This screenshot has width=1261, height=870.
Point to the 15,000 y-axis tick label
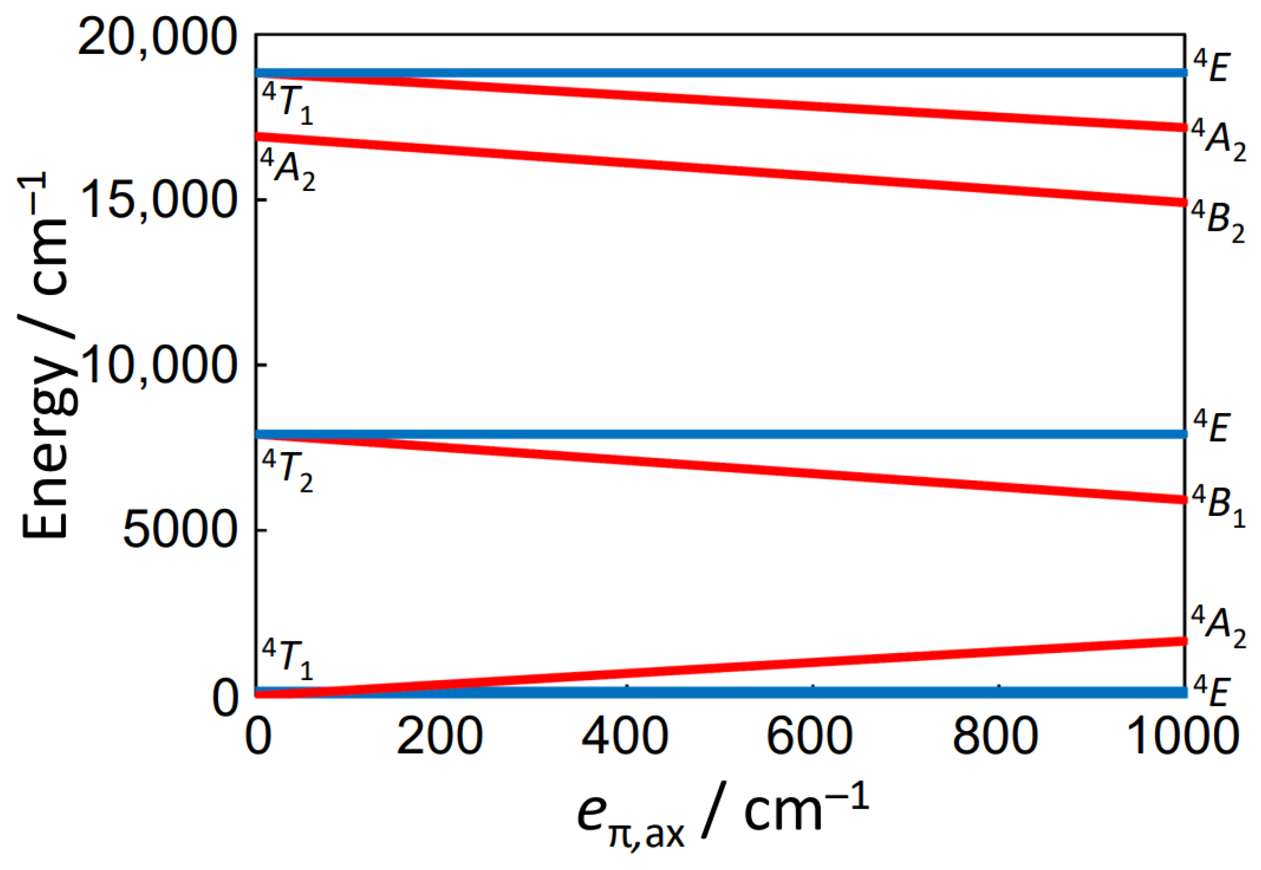click(158, 201)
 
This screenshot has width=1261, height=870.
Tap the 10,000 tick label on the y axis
click(158, 366)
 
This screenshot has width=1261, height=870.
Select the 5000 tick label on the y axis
click(178, 530)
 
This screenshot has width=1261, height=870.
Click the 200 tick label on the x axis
click(439, 736)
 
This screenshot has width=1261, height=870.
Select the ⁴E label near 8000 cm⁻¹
click(1211, 427)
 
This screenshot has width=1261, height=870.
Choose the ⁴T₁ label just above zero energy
click(287, 659)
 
